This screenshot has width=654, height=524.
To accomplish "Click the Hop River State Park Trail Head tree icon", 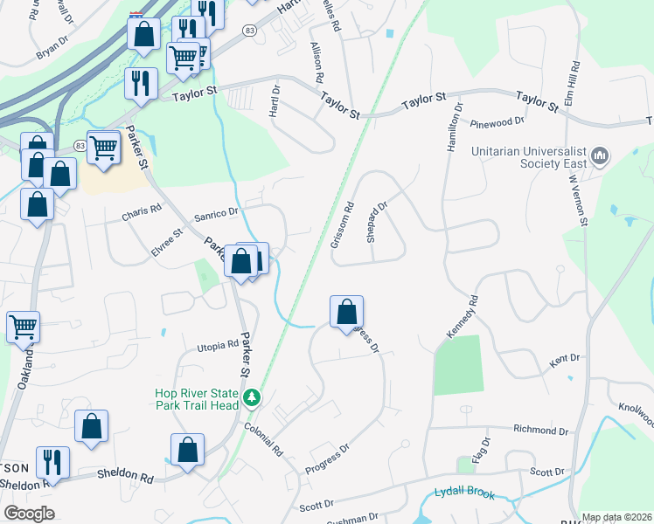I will click(252, 398).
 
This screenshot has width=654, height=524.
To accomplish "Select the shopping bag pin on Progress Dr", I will click(347, 311).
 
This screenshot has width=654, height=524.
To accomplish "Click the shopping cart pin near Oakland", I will click(23, 327).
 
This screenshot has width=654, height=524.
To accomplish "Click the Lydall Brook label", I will click(464, 494).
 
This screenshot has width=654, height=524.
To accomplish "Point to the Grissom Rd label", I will click(342, 225).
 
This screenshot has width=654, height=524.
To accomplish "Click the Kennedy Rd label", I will click(463, 318).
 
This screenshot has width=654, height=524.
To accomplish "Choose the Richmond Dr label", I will click(540, 430).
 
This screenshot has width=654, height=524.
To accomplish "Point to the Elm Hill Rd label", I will click(574, 79).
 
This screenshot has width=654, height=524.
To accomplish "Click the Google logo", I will click(29, 514).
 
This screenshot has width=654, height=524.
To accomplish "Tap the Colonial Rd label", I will click(264, 440).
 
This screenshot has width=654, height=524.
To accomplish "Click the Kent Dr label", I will click(565, 358).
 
